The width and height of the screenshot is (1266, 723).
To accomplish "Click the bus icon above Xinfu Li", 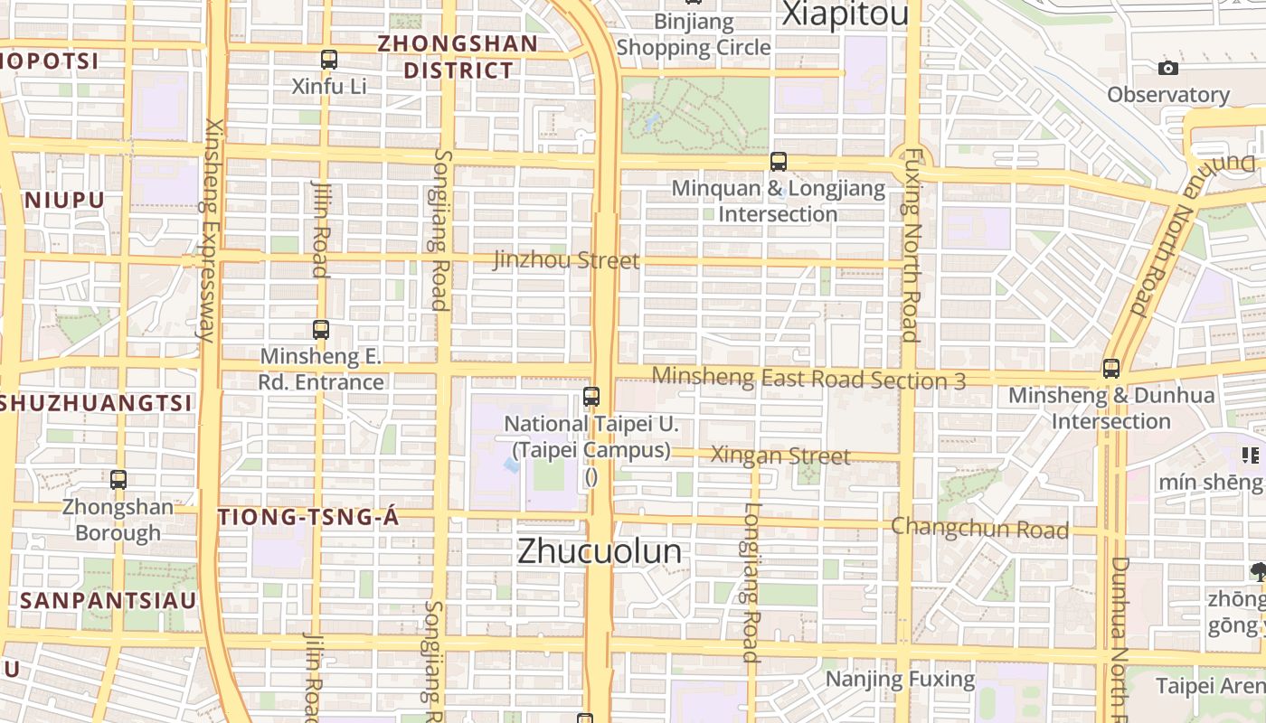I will coord(329,60).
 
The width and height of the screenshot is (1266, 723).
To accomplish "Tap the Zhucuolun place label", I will coord(600,551).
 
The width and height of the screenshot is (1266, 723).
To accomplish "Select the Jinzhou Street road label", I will coord(566,261).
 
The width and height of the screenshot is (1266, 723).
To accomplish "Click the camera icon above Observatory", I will coord(1168,68).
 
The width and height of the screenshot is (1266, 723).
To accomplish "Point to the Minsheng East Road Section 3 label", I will coord(808,379).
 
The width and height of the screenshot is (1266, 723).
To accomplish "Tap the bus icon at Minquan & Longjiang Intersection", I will coord(779,162).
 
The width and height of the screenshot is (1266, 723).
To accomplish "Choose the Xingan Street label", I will coord(780,455).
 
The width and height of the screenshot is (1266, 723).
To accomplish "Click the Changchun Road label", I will coord(979,528).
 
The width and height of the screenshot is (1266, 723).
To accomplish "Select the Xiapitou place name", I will coord(845,14).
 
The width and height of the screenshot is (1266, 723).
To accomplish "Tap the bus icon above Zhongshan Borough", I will coord(118,480).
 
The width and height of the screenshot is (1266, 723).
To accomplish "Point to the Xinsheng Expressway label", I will coord(209,230).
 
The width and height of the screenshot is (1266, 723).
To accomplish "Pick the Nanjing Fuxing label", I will coord(901,679).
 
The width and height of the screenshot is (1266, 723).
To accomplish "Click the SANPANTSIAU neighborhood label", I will coord(109,600).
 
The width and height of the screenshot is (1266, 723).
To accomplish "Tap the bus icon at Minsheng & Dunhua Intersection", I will coord(1111,369).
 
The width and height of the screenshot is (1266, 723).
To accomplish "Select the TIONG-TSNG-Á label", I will coord(308,517).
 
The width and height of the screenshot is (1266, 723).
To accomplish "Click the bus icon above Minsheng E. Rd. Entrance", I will coord(321,330).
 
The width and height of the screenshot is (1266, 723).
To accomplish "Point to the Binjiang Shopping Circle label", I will coord(694,34).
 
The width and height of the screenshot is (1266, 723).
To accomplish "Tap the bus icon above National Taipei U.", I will coord(591,396).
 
